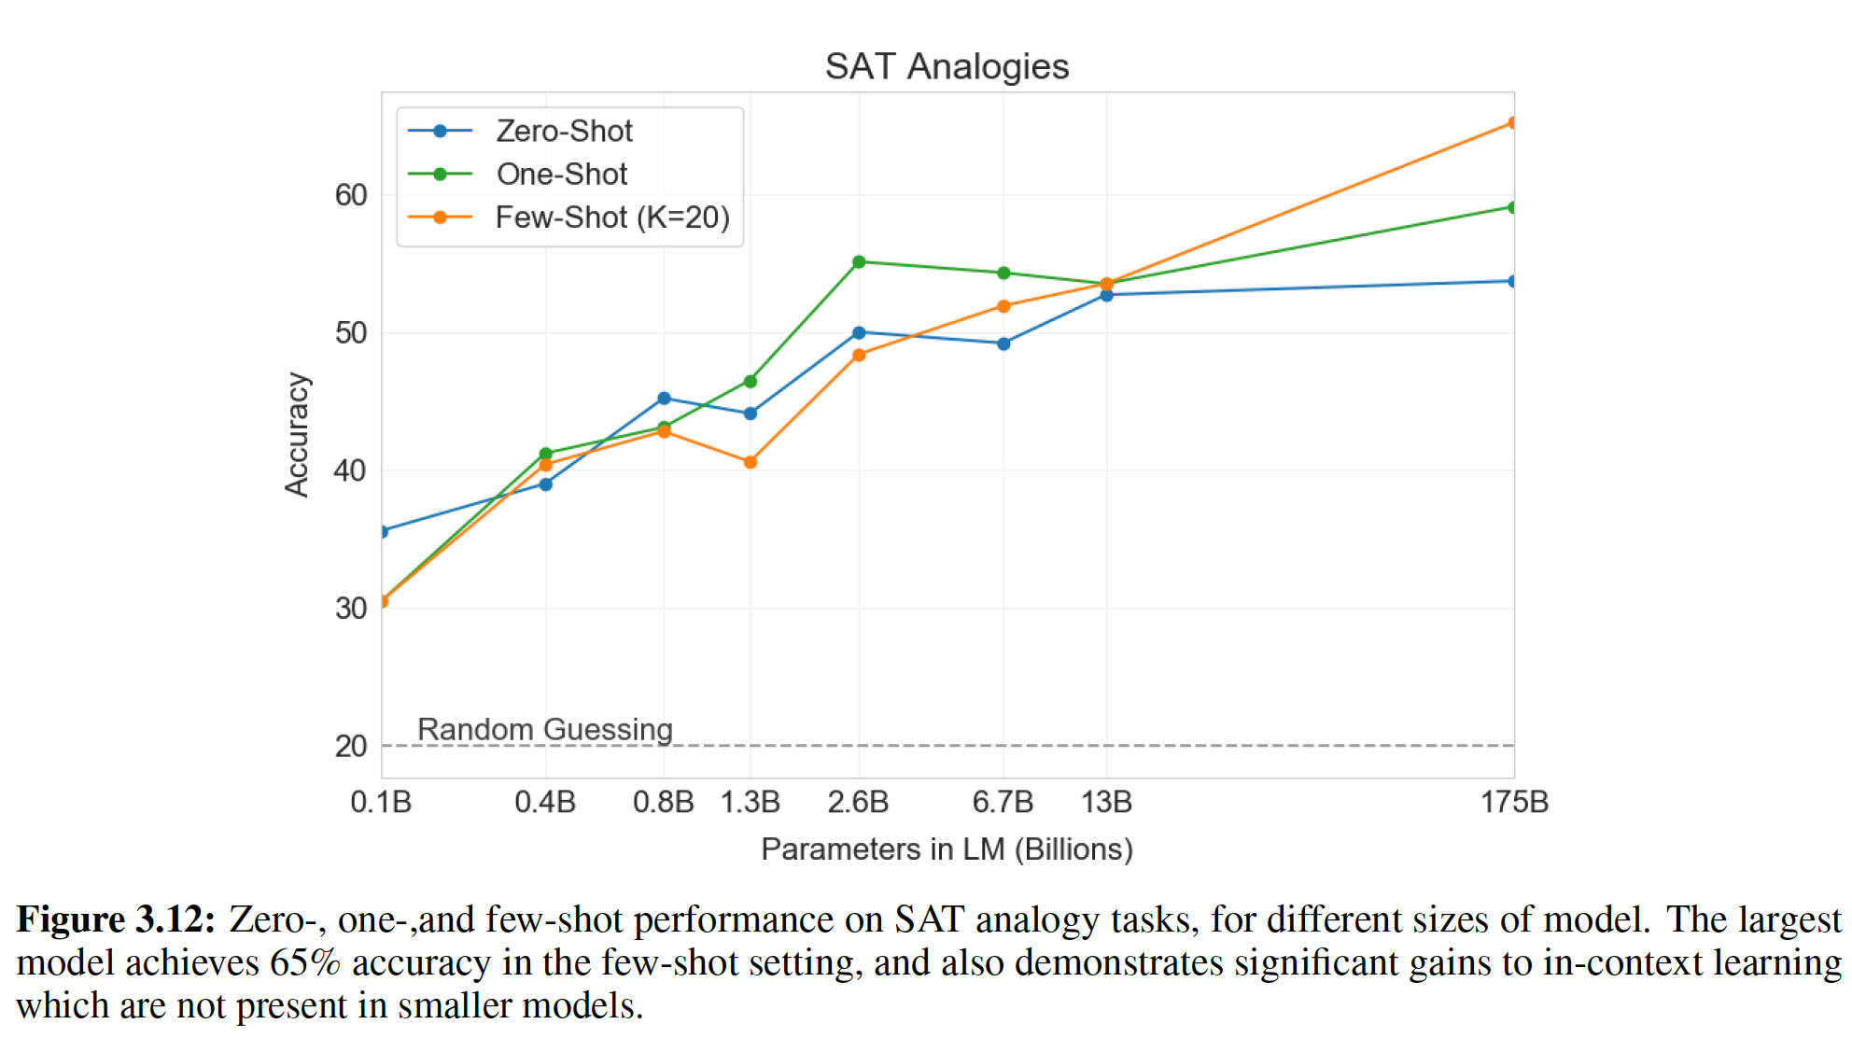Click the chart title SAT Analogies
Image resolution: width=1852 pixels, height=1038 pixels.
coord(947,66)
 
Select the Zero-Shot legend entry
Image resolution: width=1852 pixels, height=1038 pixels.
coord(564,131)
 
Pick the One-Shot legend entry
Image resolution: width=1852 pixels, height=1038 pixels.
coord(561,174)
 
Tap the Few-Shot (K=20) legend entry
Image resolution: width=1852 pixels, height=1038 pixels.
coord(611,217)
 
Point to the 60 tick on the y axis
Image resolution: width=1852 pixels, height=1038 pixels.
coord(351,195)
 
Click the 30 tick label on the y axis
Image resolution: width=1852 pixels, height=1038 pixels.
coord(351,609)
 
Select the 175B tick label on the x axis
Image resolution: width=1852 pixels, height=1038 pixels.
coord(1514,802)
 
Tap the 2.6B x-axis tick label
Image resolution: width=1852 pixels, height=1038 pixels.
coord(858,802)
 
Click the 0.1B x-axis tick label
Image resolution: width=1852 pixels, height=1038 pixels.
coord(381,802)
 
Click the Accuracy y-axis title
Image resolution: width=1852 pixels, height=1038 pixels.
coord(297,435)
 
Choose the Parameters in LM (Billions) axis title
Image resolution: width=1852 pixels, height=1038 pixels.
coord(947,849)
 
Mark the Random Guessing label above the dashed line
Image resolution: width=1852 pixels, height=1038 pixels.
coord(544,729)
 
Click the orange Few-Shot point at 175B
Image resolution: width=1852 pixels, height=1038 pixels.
coord(1512,123)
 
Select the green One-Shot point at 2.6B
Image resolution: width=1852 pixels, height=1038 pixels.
coord(859,262)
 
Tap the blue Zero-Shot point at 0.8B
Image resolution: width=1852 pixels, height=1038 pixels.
coord(664,399)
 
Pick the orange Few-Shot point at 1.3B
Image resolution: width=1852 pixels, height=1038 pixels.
coord(751,462)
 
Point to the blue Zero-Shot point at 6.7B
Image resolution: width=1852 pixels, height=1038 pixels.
coord(1003,344)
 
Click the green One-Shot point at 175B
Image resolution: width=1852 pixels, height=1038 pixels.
coord(1512,207)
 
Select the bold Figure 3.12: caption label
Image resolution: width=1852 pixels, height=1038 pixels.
coord(116,919)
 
